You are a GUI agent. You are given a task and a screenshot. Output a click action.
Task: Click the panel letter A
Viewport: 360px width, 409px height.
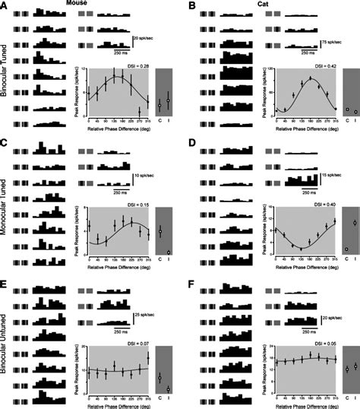(5, 6)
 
